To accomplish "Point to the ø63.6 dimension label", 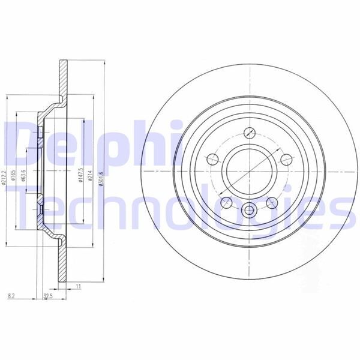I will click(23, 175).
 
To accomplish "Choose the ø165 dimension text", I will click(13, 175).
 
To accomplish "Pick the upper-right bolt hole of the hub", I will click(286, 160).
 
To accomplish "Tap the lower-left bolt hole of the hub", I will click(226, 202).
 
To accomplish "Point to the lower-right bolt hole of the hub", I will click(272, 202).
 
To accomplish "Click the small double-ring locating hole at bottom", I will click(249, 211).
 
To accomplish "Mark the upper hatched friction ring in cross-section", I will click(63, 78).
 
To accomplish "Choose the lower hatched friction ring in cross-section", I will click(63, 264).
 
